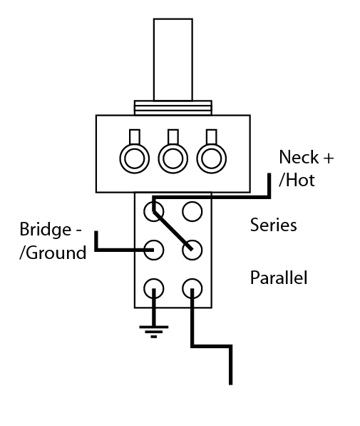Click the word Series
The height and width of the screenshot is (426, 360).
pos(273,225)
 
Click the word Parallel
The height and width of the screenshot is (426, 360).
pos(279,277)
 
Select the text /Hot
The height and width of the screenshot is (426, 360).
pos(297,180)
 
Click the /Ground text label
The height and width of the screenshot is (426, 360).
pos(53,252)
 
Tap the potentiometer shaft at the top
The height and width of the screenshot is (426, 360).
pos(173,57)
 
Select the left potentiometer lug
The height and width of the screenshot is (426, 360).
pos(133,155)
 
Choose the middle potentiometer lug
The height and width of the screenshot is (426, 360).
pos(173,155)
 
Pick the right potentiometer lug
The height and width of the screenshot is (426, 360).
pos(210,155)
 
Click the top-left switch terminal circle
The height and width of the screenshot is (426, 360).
pos(154,211)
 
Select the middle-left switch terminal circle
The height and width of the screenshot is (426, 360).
pos(154,250)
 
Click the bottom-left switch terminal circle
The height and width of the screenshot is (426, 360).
pos(154,288)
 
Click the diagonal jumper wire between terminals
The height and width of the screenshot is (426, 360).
pos(173,230)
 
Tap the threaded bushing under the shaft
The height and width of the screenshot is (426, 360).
pos(173,108)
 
